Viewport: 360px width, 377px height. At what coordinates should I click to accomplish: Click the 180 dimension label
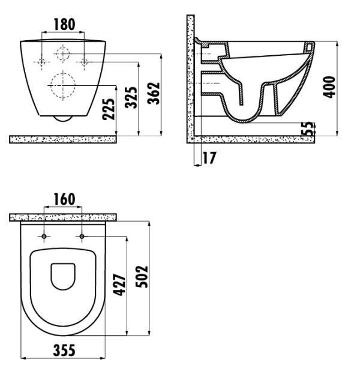tap(64, 24)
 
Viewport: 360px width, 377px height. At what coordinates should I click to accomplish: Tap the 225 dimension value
tap(109, 109)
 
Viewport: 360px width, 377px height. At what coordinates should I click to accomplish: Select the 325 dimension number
tap(131, 97)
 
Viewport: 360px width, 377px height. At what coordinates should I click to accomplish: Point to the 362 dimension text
tap(154, 93)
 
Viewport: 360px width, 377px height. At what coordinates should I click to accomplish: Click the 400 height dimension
tap(329, 87)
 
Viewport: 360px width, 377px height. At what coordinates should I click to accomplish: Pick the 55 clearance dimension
tap(308, 129)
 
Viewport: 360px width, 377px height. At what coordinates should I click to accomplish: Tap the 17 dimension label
tap(209, 158)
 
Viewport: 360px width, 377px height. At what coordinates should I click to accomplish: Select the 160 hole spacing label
tap(64, 199)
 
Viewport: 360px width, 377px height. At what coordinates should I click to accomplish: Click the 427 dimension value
tap(119, 285)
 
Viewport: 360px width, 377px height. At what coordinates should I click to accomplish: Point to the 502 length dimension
tap(142, 277)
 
